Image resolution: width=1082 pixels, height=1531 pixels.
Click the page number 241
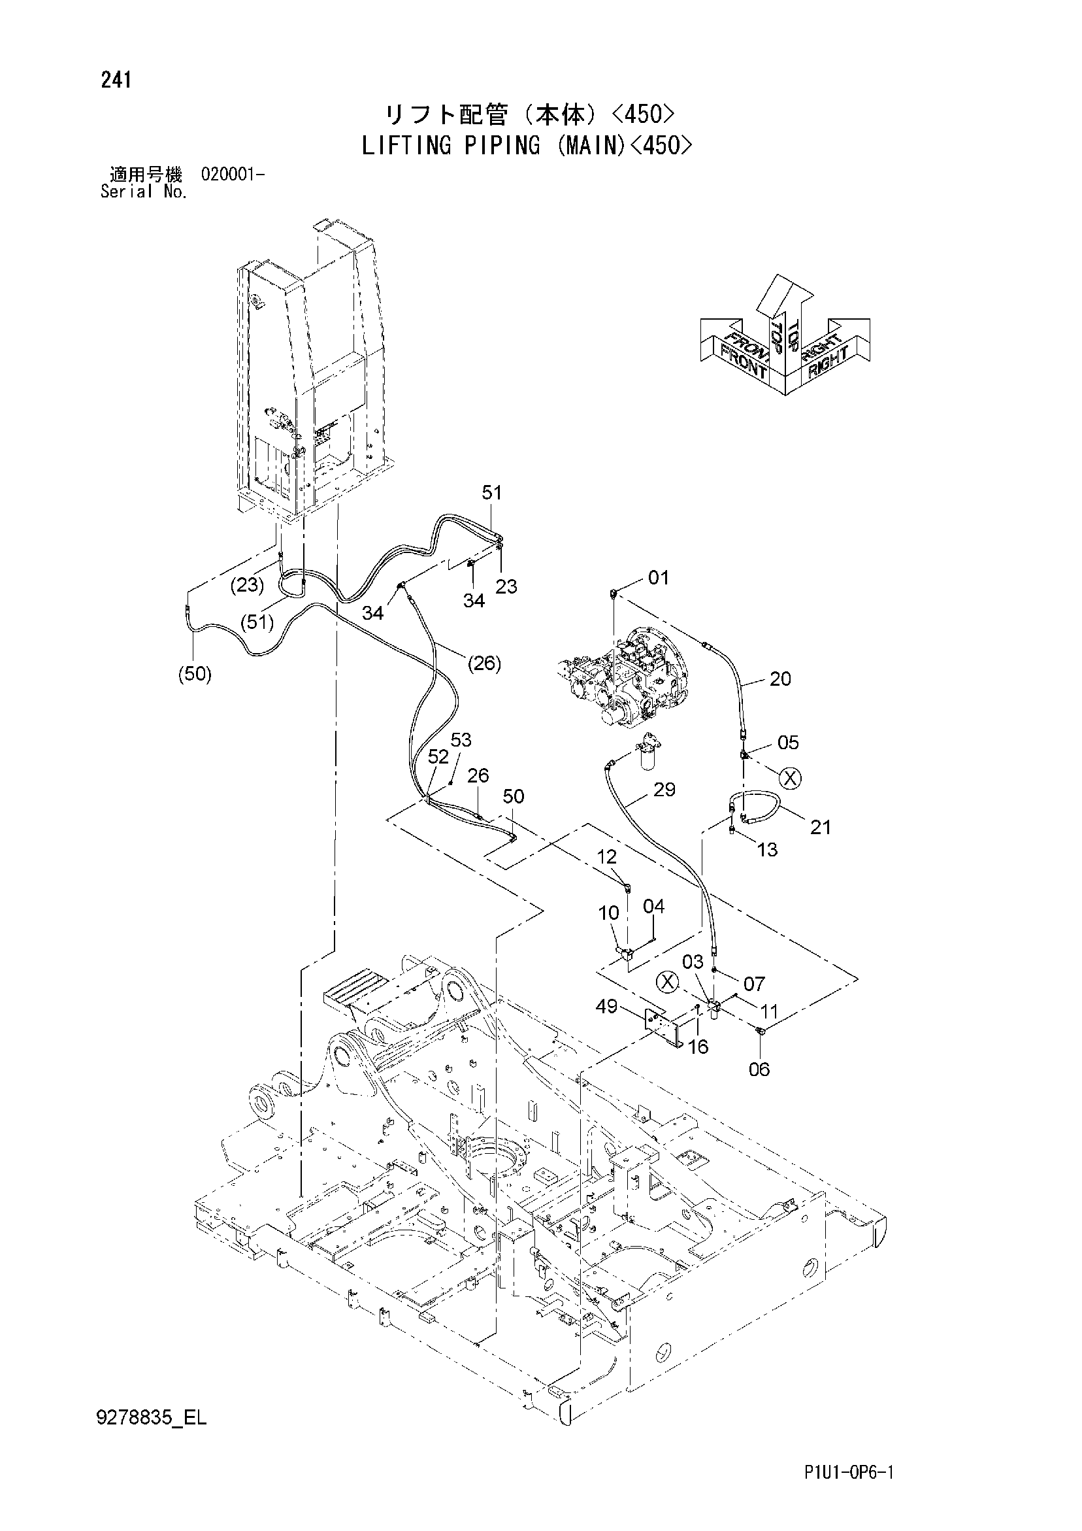click(116, 80)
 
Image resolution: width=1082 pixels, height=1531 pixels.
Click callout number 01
click(658, 577)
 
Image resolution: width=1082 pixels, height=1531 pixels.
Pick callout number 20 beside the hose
click(780, 679)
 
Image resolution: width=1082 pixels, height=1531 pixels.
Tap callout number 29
click(664, 790)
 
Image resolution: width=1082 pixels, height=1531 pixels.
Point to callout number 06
click(759, 1069)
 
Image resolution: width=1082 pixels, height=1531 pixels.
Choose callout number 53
click(461, 740)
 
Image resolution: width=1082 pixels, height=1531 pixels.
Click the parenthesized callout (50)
click(195, 675)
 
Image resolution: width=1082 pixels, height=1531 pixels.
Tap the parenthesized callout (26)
click(484, 664)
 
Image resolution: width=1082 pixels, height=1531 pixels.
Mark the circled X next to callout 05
click(791, 778)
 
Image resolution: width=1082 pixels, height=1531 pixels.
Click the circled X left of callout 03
click(666, 981)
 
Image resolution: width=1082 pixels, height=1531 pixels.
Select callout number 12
click(607, 857)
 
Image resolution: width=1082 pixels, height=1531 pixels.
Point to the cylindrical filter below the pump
click(648, 751)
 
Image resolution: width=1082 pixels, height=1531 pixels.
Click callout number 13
click(768, 850)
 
